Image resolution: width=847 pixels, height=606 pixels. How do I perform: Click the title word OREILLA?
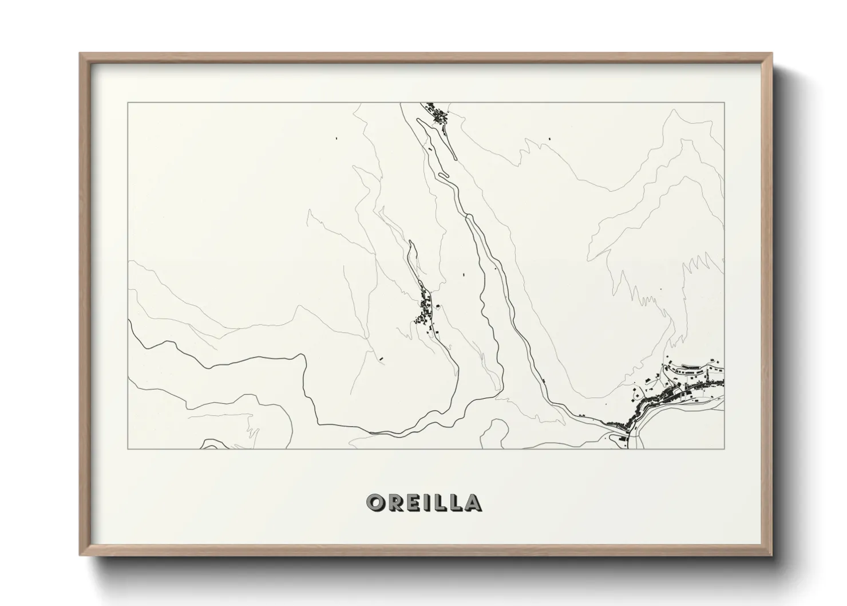click(423, 502)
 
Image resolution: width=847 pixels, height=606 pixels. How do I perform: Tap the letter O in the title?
click(376, 502)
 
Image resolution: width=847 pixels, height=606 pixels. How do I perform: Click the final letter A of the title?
click(472, 502)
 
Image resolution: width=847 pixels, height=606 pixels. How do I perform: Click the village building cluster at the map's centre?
click(425, 312)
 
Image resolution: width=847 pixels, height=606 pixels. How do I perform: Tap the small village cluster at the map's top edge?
click(439, 115)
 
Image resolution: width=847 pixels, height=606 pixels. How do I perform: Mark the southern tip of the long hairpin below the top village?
click(454, 158)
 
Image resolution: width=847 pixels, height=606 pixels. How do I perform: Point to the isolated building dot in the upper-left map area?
click(337, 138)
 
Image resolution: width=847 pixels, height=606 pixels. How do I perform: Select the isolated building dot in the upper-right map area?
click(550, 138)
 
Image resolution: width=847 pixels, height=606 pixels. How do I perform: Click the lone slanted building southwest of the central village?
click(381, 359)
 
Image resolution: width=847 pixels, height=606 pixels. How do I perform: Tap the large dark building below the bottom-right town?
click(622, 439)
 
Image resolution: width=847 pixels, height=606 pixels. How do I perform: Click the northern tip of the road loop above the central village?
click(410, 242)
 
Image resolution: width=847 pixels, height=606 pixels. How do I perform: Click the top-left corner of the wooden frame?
click(80, 54)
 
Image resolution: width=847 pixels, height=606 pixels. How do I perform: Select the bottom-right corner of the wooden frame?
click(772, 555)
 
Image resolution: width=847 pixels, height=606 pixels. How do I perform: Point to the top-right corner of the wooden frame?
click(772, 54)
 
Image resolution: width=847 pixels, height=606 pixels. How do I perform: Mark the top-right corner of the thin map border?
click(725, 103)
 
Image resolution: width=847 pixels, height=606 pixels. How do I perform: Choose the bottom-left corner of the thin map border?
click(128, 449)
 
